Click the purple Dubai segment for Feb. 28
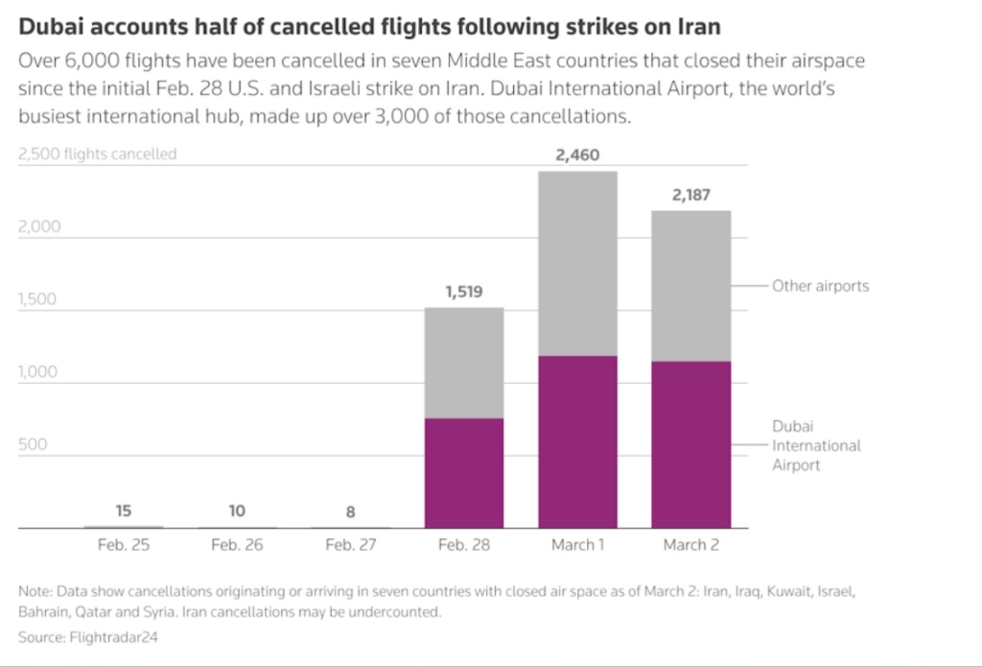click(464, 473)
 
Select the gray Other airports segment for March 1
click(577, 264)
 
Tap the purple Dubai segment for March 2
click(690, 444)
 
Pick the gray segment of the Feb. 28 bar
click(464, 363)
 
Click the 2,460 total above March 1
click(577, 155)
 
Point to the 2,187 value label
click(690, 195)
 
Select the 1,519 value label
click(464, 292)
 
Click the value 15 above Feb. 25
click(124, 512)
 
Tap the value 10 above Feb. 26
click(237, 512)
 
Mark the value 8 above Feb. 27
click(350, 512)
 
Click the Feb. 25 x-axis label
click(124, 545)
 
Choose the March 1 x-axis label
click(577, 545)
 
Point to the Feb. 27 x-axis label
click(350, 545)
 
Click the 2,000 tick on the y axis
click(39, 227)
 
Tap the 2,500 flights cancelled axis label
click(97, 154)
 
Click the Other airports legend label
click(820, 286)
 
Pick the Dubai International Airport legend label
click(816, 445)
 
